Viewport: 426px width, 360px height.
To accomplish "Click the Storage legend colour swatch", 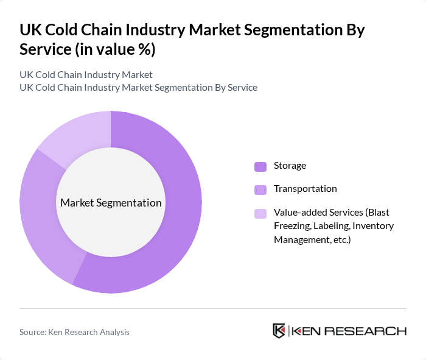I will (x=260, y=166).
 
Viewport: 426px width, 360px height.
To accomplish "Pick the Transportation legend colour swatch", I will (x=260, y=189).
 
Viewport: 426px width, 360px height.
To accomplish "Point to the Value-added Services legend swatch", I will (x=260, y=213).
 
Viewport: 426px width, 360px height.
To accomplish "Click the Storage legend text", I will (x=290, y=166).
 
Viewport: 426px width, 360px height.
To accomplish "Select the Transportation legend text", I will (x=305, y=189).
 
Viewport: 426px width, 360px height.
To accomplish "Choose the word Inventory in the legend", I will (x=374, y=226).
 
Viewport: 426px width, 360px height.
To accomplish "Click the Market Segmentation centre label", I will (x=110, y=203).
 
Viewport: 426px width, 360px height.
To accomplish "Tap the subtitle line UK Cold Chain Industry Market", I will (x=86, y=75).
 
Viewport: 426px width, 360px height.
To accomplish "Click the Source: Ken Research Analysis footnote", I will (x=74, y=332).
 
